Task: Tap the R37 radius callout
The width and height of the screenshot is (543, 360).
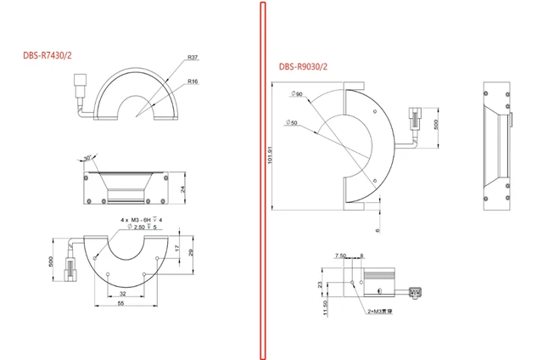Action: (x=193, y=59)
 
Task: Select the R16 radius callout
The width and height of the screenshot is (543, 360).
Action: (x=193, y=82)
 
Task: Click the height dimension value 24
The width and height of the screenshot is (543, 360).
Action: (x=183, y=187)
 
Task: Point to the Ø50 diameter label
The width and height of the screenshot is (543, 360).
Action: (x=292, y=123)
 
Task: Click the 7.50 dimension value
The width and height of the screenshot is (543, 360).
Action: (x=341, y=255)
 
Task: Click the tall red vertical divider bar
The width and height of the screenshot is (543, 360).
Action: (x=262, y=180)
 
